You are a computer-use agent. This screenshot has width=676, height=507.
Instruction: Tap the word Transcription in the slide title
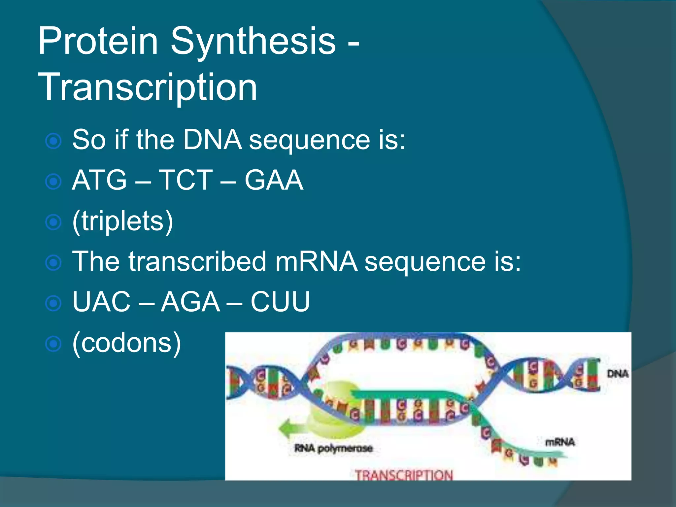tap(148, 87)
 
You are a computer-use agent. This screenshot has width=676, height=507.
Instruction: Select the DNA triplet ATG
tap(99, 180)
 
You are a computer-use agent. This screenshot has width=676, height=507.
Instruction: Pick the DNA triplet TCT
tap(186, 180)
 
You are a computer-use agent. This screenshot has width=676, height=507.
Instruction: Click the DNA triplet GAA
tap(274, 180)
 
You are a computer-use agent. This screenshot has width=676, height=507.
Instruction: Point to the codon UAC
tap(102, 301)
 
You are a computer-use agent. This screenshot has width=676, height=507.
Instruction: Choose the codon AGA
tap(190, 301)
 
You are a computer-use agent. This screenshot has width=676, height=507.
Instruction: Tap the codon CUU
tap(280, 301)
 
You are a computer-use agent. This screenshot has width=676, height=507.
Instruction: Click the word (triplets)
tap(122, 221)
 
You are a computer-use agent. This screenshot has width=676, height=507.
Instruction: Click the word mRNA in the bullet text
tap(316, 261)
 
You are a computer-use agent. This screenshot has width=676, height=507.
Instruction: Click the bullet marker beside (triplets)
tap(53, 222)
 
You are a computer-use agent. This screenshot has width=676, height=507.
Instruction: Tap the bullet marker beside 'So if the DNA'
tap(53, 141)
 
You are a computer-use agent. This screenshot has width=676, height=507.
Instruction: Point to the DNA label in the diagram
tap(618, 374)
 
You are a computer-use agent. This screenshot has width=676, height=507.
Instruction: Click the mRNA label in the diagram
tap(560, 442)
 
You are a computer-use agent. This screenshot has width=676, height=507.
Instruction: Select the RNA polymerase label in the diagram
tap(333, 448)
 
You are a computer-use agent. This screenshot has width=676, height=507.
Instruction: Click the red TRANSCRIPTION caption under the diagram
tap(404, 475)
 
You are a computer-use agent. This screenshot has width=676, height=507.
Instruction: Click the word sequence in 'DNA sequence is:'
tap(309, 140)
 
